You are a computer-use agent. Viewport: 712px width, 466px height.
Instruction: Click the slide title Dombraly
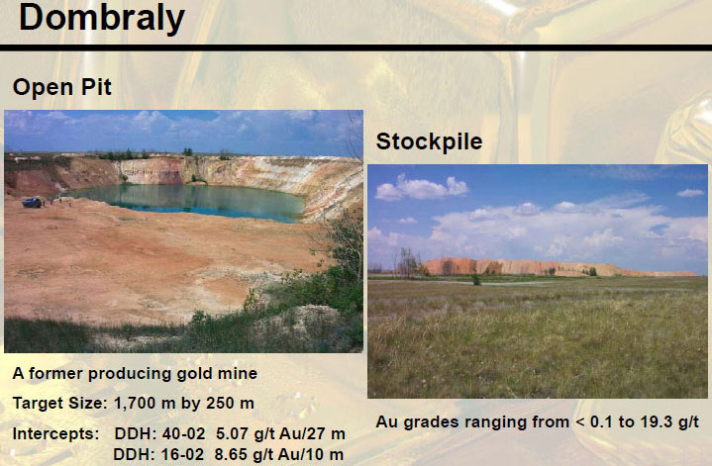point(102,19)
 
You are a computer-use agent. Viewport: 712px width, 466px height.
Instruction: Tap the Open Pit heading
point(62,87)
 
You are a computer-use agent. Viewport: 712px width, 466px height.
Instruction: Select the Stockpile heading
point(429,141)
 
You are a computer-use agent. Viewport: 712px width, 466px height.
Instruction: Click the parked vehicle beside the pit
point(32,203)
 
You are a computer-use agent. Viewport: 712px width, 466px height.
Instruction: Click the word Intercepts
point(55,433)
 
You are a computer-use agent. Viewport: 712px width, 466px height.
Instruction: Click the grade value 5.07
point(232,433)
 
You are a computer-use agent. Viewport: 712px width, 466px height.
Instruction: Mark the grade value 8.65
point(231,454)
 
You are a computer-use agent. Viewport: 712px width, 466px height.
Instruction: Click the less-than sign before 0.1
point(580,422)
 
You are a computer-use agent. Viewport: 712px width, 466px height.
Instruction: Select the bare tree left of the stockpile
point(407,263)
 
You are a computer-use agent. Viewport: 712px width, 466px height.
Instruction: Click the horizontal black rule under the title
point(356,47)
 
